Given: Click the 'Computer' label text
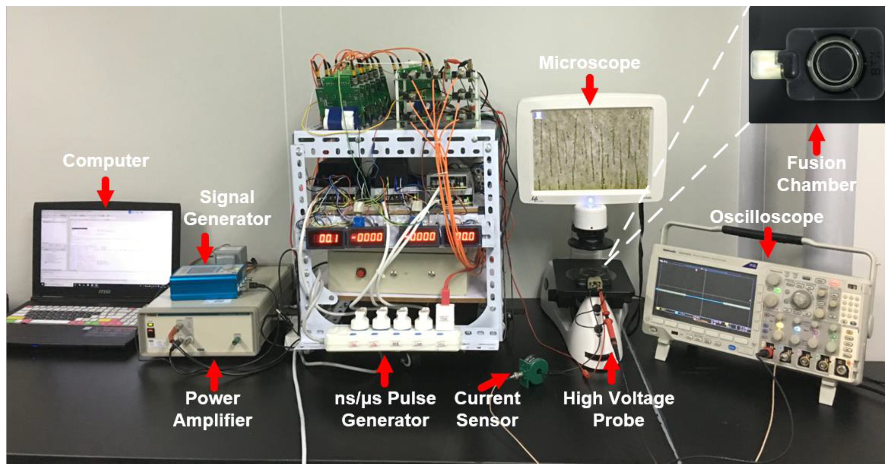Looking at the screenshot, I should (106, 161).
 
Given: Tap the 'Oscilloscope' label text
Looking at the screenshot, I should (766, 217).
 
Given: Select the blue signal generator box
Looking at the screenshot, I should (208, 282).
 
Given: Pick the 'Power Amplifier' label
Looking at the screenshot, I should (213, 409).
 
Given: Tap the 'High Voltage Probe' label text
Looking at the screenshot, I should (618, 409).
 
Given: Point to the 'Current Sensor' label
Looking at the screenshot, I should (487, 409).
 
